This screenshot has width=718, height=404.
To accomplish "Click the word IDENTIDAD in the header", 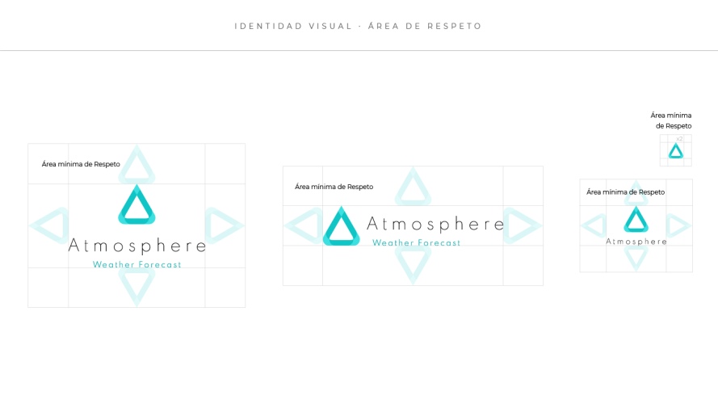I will click(x=268, y=27).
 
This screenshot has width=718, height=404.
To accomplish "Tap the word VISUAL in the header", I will click(x=330, y=27).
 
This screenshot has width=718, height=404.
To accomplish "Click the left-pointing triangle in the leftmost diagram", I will click(x=50, y=225).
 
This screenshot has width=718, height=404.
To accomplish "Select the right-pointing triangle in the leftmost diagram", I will click(x=223, y=225).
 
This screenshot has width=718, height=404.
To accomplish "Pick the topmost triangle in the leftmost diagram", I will click(x=136, y=166).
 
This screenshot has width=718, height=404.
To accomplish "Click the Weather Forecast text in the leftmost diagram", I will click(x=136, y=264).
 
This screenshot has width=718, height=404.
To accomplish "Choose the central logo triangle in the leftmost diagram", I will click(x=136, y=206).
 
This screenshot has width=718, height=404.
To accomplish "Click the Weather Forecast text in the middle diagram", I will click(x=416, y=242).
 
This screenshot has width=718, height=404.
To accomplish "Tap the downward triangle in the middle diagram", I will click(x=413, y=264).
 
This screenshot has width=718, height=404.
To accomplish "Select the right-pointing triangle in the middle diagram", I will click(x=521, y=225).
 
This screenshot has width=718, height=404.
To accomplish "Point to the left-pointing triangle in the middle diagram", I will click(x=304, y=225).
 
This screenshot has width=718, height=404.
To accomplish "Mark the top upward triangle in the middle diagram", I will click(x=413, y=188).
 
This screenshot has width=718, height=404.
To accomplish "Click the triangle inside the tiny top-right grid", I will click(x=676, y=151).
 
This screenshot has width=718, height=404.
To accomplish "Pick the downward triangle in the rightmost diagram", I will click(x=636, y=258).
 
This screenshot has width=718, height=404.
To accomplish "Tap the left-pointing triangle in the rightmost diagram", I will click(x=594, y=225).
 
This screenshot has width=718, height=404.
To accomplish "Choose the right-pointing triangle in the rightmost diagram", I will click(x=678, y=225).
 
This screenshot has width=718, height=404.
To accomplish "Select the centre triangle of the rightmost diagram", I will click(x=636, y=220).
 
